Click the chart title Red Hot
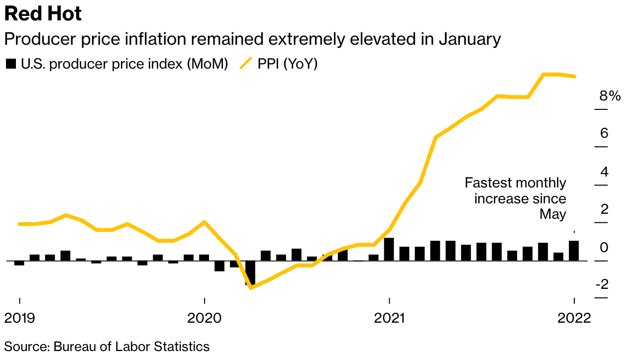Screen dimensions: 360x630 [x=43, y=14]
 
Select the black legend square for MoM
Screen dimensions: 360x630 [x=10, y=64]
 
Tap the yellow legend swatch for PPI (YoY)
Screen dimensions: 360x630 [x=246, y=64]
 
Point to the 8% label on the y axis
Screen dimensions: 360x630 [x=610, y=96]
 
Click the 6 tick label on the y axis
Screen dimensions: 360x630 [x=604, y=133]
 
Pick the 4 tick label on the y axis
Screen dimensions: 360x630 [x=604, y=172]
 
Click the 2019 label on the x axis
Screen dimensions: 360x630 [x=20, y=317]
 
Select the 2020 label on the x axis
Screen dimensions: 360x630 [x=204, y=317]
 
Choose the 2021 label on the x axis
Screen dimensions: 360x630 [x=389, y=317]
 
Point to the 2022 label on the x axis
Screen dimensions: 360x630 [x=574, y=317]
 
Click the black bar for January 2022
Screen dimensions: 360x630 [x=574, y=251]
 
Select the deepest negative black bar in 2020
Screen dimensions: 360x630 [x=250, y=272]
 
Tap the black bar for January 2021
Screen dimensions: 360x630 [x=389, y=249]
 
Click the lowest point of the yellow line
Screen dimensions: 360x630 [x=250, y=287]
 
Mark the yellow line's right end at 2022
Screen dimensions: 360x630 [x=575, y=76]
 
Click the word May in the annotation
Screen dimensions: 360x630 [x=553, y=214]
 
